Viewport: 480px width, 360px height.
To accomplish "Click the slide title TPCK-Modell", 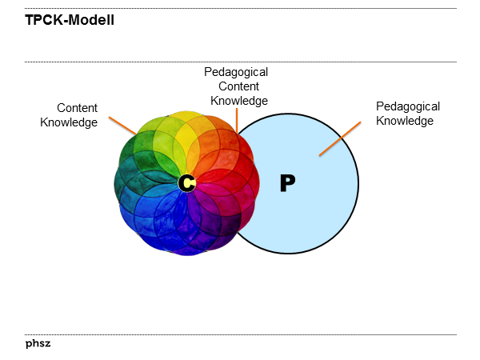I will click(70, 20).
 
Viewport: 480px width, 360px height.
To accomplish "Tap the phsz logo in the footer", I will click(38, 345).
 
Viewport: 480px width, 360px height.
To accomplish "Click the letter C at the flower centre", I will click(186, 183).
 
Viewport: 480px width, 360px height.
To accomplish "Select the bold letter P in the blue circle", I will click(288, 183).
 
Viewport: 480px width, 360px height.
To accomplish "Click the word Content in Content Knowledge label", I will click(77, 108).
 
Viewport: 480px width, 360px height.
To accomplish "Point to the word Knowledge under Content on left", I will click(69, 122).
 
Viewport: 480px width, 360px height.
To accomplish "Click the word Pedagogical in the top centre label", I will click(236, 72).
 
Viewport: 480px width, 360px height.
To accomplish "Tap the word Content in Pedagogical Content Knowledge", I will click(239, 86).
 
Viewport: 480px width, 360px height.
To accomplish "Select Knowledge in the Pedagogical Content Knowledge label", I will click(238, 101).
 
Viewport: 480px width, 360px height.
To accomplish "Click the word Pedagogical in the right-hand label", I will click(408, 106).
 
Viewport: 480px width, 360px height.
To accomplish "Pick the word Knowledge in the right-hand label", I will click(405, 121).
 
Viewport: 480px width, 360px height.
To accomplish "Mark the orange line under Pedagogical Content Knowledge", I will click(237, 121).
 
